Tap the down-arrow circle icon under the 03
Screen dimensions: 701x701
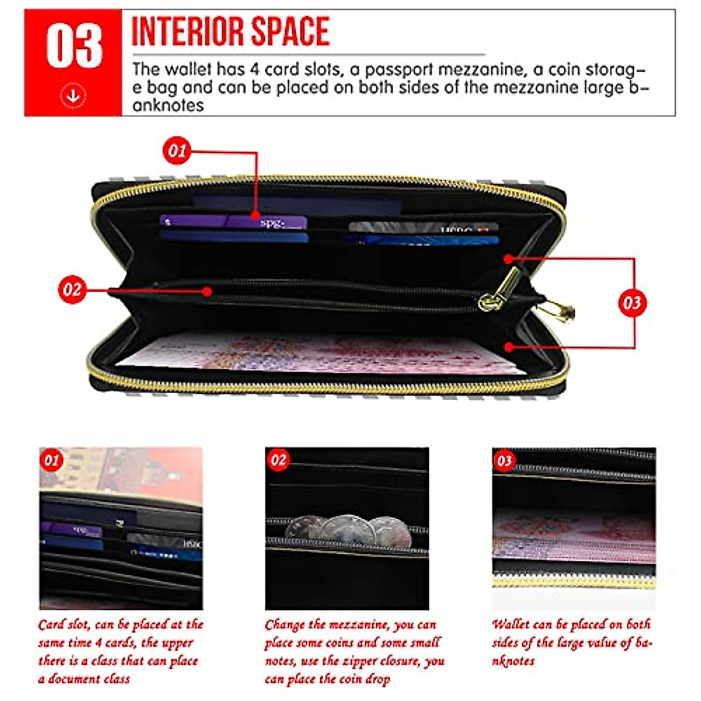click(73, 95)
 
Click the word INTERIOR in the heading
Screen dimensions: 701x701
click(182, 32)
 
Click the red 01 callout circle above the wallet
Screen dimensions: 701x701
click(176, 151)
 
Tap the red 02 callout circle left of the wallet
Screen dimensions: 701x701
click(72, 290)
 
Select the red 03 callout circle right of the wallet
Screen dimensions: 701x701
click(631, 303)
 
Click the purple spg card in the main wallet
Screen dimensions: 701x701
click(234, 222)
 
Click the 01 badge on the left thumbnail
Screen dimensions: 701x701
click(52, 460)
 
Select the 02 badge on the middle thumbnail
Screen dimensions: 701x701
click(278, 460)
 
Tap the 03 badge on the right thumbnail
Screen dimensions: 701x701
click(504, 460)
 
